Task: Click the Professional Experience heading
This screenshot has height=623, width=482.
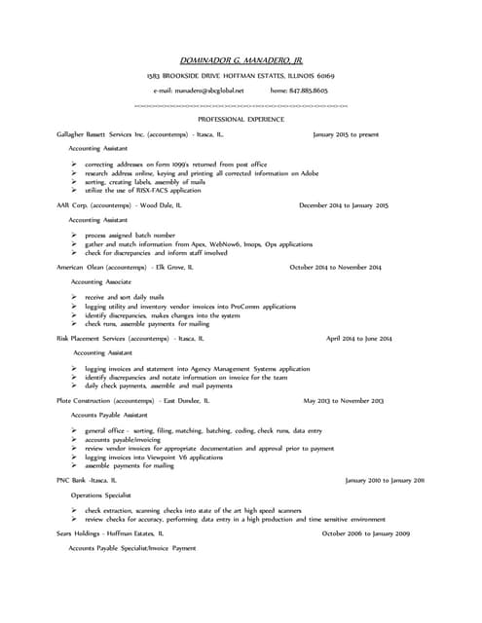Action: pos(241,119)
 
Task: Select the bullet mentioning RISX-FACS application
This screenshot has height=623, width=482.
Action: pos(142,191)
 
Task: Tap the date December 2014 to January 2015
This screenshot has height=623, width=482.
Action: pos(343,205)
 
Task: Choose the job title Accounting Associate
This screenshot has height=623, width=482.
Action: pos(102,280)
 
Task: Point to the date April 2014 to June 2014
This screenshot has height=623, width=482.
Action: pos(358,338)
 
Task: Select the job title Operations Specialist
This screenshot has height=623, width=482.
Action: pos(100,495)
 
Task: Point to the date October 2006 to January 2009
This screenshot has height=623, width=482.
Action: pos(365,533)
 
